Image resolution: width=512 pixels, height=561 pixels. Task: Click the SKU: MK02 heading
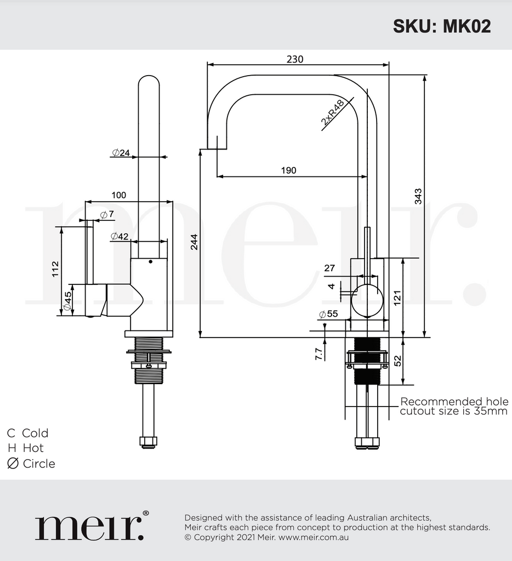[441, 26]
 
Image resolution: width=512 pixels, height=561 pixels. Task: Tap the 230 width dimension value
[295, 59]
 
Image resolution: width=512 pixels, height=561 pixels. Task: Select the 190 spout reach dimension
[288, 170]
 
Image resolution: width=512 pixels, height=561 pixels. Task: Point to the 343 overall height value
[418, 196]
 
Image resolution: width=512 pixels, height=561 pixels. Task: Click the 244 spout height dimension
[194, 242]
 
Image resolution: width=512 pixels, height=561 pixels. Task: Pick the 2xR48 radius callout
[333, 113]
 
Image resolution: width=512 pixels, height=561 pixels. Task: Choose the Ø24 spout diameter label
[121, 153]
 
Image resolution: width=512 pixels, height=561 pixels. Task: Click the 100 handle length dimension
[118, 195]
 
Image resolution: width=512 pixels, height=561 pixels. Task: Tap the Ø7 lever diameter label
[107, 214]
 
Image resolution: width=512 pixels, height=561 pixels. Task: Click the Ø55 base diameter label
[328, 314]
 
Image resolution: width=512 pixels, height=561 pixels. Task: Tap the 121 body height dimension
[398, 297]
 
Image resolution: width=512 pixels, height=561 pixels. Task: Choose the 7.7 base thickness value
[318, 353]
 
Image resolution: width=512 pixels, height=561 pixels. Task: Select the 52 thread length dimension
[398, 360]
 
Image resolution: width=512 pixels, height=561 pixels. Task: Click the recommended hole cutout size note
[453, 407]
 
